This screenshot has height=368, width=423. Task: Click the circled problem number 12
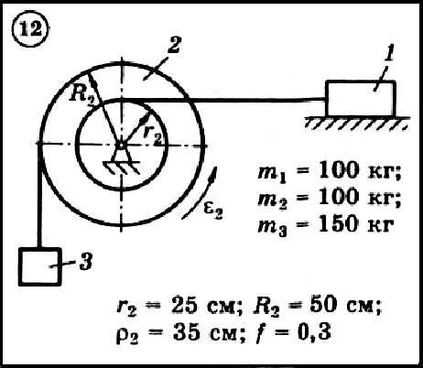(x=30, y=29)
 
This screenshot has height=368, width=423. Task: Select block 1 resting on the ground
(x=361, y=99)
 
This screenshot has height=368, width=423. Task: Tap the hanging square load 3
(x=40, y=266)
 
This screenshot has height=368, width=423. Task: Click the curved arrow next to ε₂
(x=200, y=193)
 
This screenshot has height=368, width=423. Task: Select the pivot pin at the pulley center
(x=121, y=146)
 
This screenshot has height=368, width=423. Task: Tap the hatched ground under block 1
(x=357, y=123)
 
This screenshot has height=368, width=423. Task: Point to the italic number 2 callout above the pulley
(x=173, y=45)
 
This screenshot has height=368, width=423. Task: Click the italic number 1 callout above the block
(x=388, y=54)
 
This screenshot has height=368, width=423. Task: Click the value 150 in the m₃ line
(x=337, y=224)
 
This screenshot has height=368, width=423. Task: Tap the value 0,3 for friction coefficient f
(x=314, y=331)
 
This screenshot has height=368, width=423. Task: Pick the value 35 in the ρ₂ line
(x=185, y=331)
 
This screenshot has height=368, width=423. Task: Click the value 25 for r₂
(x=184, y=305)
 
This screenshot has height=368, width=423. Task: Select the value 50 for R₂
(x=322, y=304)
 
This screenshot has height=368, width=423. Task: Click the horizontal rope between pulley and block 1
(x=223, y=100)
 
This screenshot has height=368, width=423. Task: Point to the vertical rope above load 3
(x=39, y=195)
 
